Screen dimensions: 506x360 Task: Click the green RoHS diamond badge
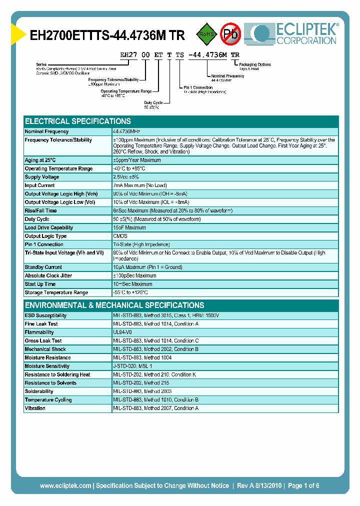click(x=205, y=34)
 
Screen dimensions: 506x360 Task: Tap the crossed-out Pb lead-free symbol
click(x=230, y=34)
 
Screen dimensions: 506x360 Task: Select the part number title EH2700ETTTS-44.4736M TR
click(x=107, y=35)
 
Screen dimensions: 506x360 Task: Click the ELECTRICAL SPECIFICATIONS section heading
click(x=78, y=121)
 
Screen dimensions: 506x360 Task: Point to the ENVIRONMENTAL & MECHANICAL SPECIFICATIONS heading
click(x=114, y=305)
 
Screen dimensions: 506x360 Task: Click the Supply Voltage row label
click(x=42, y=177)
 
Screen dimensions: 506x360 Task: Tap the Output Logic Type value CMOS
click(x=120, y=236)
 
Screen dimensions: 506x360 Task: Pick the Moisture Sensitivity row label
click(x=47, y=366)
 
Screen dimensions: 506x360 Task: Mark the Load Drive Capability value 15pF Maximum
click(x=129, y=227)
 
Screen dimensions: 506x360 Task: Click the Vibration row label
click(x=35, y=408)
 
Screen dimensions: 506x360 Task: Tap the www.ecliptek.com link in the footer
click(x=65, y=485)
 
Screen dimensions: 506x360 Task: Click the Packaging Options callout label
click(x=255, y=64)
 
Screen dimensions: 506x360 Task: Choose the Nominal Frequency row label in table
click(x=47, y=131)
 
